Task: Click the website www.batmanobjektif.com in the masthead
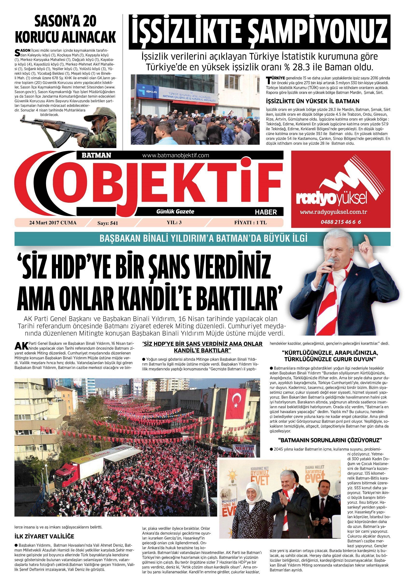pos(176,155)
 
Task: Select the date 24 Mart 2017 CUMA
pos(53,223)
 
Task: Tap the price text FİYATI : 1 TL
pos(251,223)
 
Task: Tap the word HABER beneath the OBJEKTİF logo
pos(265,212)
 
